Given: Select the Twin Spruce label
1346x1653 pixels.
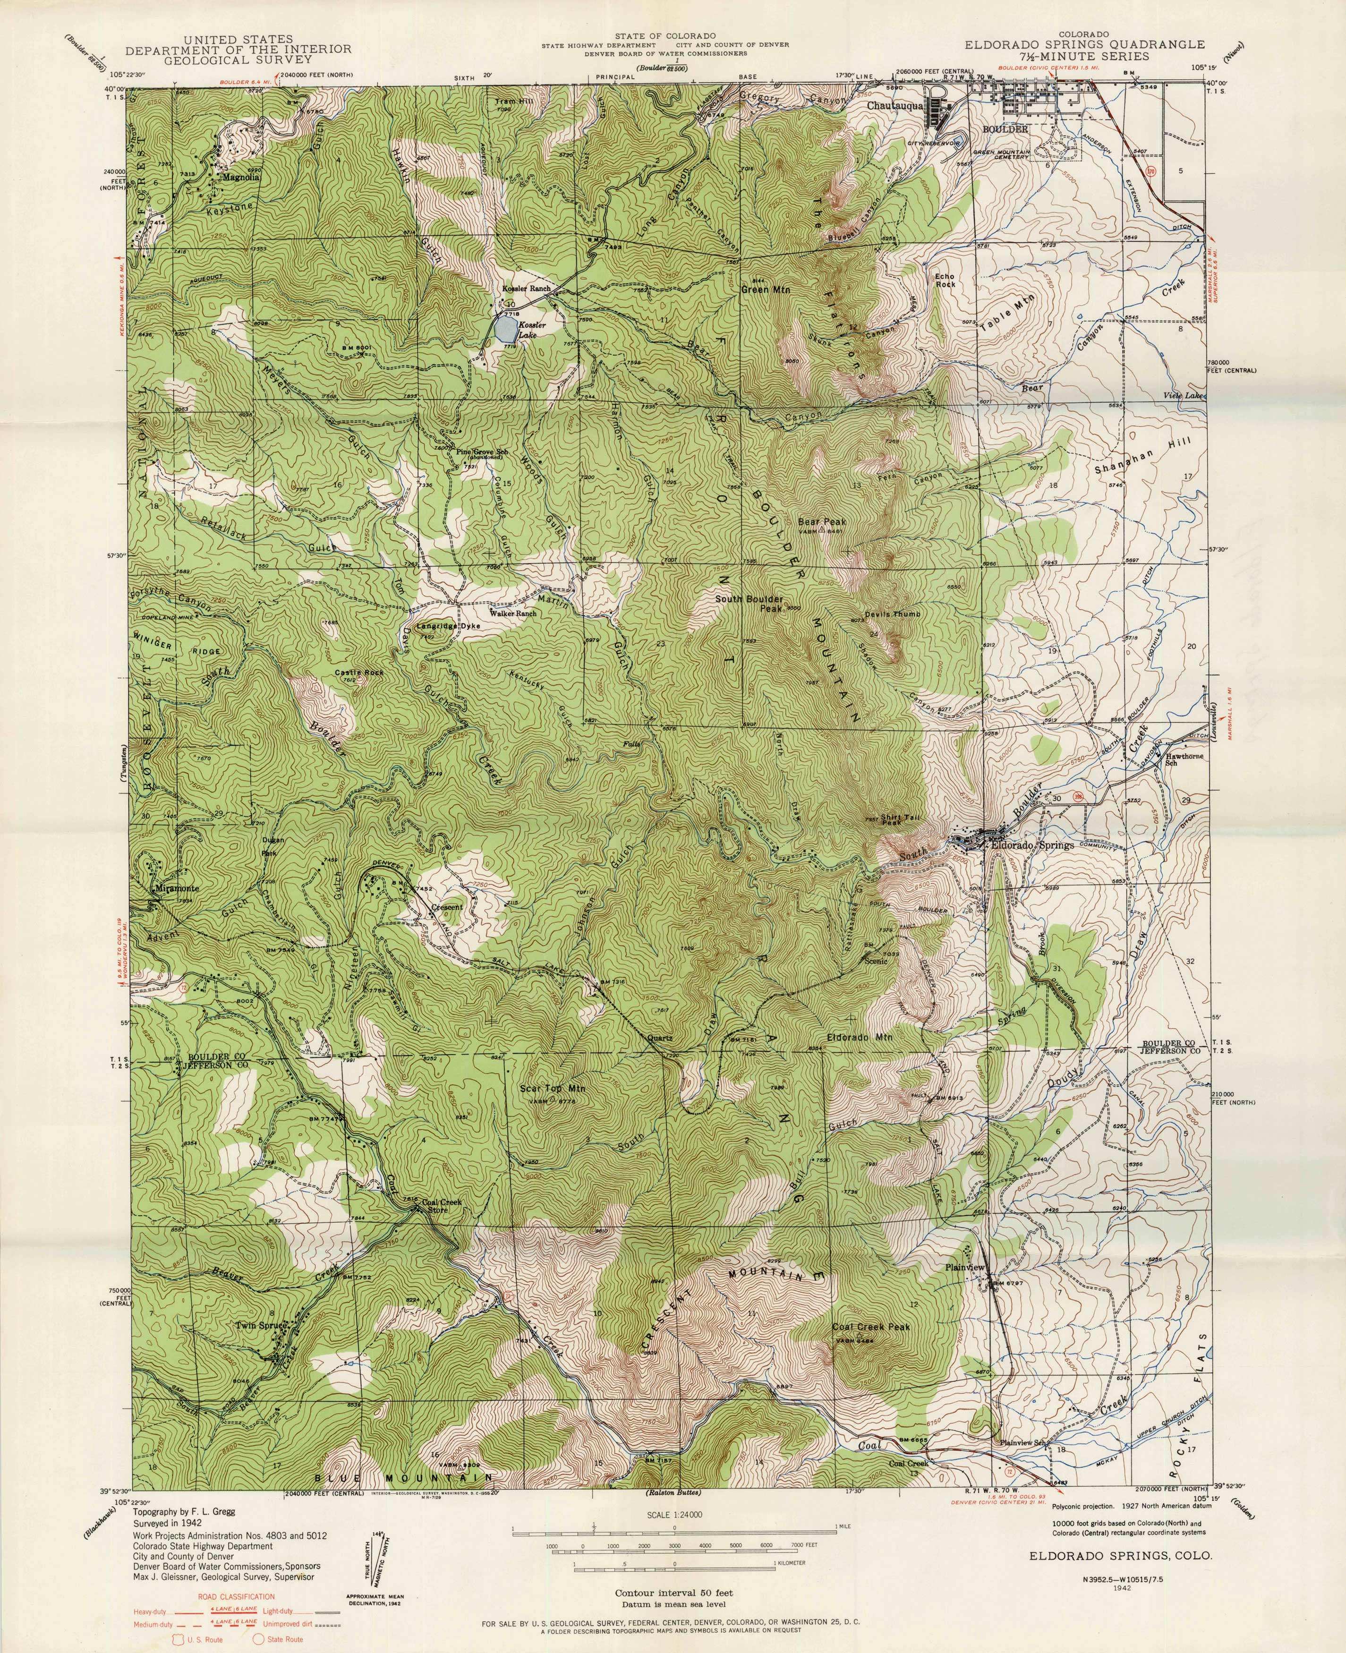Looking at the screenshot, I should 262,1326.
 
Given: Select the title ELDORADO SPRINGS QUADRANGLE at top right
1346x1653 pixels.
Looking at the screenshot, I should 1085,45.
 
